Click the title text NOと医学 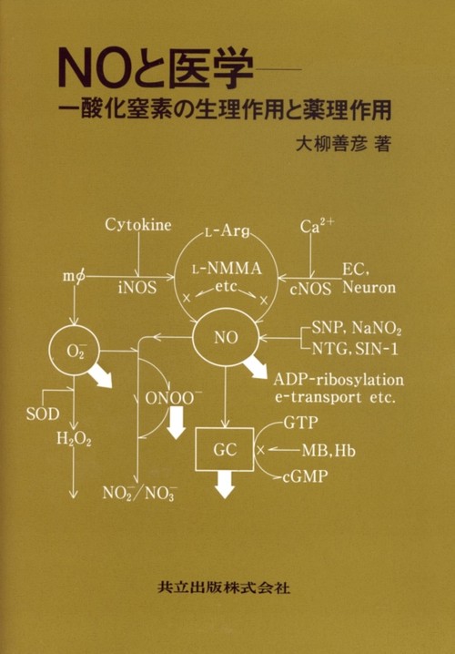[x=156, y=69]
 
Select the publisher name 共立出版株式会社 [x=225, y=588]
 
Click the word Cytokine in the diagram [x=138, y=225]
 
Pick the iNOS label [x=137, y=287]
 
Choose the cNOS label [x=311, y=289]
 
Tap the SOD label [x=43, y=414]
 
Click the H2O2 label [x=74, y=439]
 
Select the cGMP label [x=305, y=476]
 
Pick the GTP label [x=300, y=423]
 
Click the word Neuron [x=369, y=287]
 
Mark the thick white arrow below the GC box [x=226, y=485]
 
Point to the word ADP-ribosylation [x=339, y=381]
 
